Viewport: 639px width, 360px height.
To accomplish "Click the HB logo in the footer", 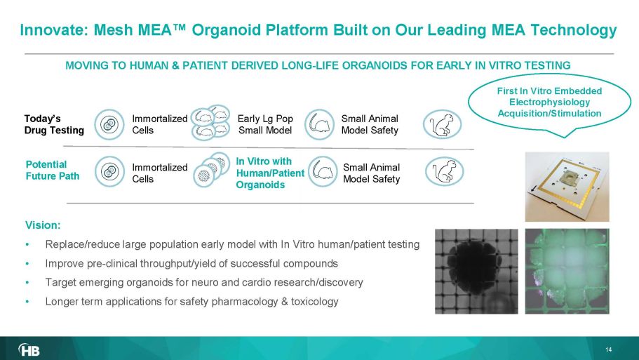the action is pyautogui.click(x=29, y=349).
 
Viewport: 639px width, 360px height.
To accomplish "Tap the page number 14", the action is pyautogui.click(x=608, y=349).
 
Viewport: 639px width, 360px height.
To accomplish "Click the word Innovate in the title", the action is pyautogui.click(x=53, y=29).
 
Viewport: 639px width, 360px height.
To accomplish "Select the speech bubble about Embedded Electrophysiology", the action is pyautogui.click(x=549, y=105).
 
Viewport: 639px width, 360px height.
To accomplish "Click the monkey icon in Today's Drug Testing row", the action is pyautogui.click(x=442, y=124).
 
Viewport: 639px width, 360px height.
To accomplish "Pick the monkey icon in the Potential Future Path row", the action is pyautogui.click(x=444, y=171).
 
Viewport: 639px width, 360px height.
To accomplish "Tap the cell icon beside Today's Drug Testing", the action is pyautogui.click(x=109, y=124).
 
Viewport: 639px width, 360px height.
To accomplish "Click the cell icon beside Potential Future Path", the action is pyautogui.click(x=109, y=171).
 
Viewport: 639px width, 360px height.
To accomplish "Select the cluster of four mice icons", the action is pyautogui.click(x=210, y=122).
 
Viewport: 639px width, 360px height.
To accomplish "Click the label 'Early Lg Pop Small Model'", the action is pyautogui.click(x=265, y=124).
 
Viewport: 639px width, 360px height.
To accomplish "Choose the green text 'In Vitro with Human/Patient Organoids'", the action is pyautogui.click(x=270, y=173).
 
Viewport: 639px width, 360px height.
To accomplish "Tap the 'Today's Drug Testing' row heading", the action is pyautogui.click(x=54, y=124).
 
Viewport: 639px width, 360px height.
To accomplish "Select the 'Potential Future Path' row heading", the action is pyautogui.click(x=52, y=171).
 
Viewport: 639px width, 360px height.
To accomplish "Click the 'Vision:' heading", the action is pyautogui.click(x=43, y=225).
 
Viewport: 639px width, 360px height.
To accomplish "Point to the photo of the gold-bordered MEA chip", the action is pyautogui.click(x=567, y=187).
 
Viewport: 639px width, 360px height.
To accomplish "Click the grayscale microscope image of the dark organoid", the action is pyautogui.click(x=476, y=272).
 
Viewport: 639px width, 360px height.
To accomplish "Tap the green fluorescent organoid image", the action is pyautogui.click(x=567, y=271).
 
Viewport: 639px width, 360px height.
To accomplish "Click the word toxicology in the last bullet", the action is pyautogui.click(x=315, y=302).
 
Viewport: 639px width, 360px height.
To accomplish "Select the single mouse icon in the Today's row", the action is pyautogui.click(x=319, y=124).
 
